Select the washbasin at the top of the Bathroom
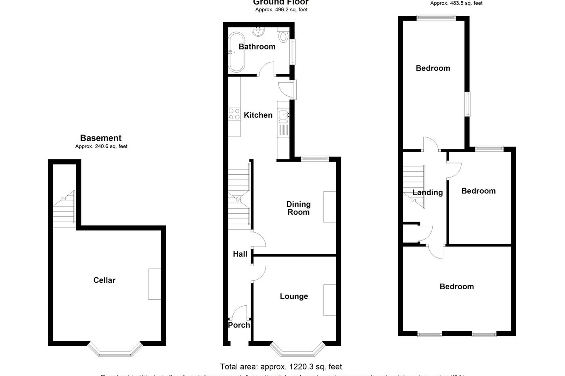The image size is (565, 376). click(257, 32)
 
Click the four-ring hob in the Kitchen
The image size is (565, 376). click(234, 114)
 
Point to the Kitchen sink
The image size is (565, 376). click(283, 116)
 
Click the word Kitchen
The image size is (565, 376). click(258, 115)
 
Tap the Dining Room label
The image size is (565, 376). click(298, 208)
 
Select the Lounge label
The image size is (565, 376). click(294, 297)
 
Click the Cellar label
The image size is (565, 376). click(104, 280)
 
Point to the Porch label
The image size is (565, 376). click(239, 325)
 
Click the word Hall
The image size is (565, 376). click(240, 254)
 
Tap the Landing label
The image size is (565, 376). click(427, 192)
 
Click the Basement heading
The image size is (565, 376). click(101, 138)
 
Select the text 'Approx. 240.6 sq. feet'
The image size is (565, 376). click(101, 146)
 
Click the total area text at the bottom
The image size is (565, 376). click(281, 367)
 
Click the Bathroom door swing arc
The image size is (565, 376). click(266, 68)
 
